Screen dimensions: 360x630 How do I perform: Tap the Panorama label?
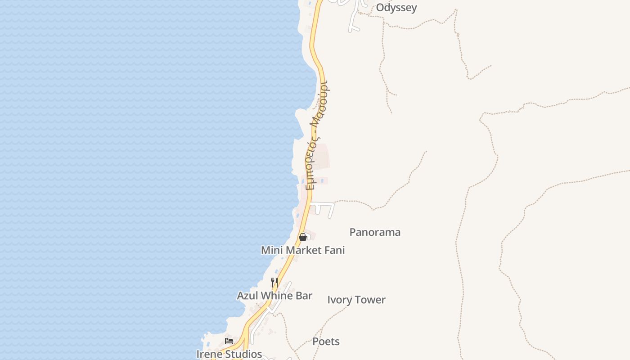point(375,232)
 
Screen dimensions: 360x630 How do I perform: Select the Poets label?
point(326,342)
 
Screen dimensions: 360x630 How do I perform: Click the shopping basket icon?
point(303,237)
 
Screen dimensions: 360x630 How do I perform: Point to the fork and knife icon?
point(274,283)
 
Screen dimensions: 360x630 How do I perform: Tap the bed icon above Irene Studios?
point(229,341)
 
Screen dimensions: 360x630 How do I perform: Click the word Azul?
point(247,296)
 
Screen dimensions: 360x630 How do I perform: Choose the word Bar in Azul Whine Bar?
point(304,296)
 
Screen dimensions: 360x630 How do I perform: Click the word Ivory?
point(340,300)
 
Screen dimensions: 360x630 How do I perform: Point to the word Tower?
point(371,300)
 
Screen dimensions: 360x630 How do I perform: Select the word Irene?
point(209,354)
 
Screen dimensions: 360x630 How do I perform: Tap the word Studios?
point(243,354)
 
